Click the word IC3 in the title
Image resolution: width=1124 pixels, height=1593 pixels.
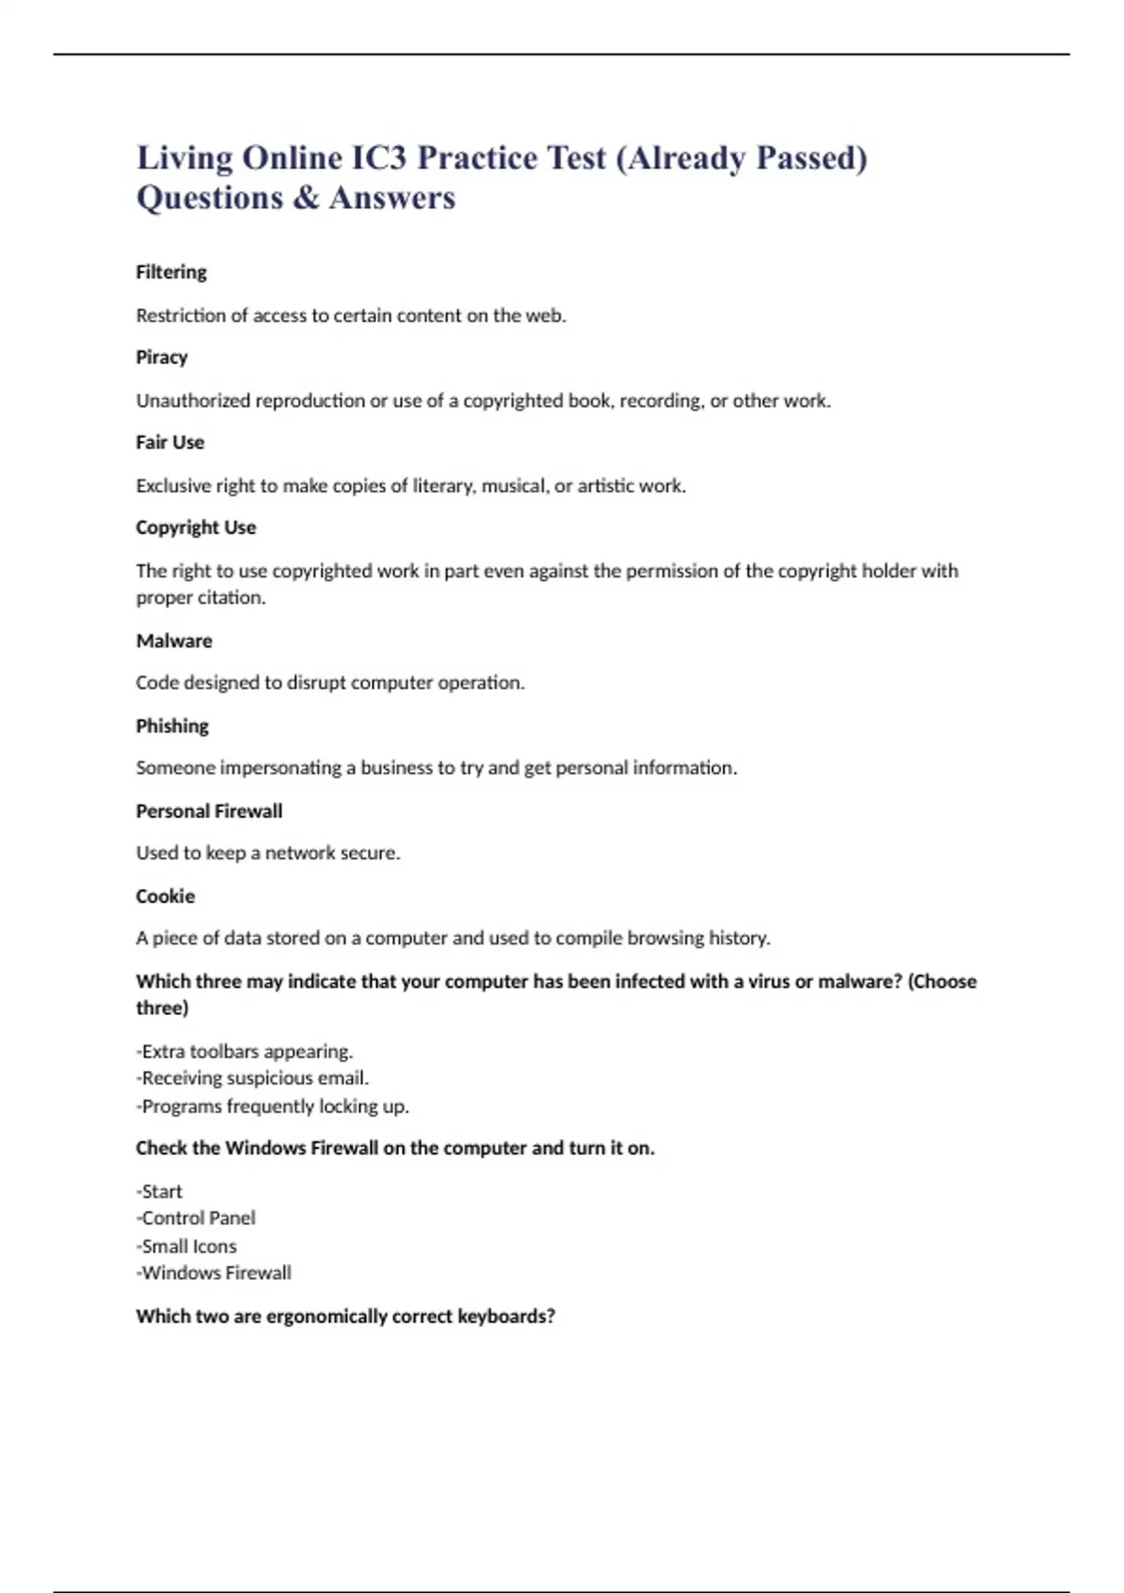[378, 158]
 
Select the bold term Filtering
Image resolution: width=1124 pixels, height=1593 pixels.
[171, 272]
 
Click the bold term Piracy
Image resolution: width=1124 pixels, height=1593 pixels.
[162, 357]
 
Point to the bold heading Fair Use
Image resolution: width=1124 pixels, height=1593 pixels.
[170, 442]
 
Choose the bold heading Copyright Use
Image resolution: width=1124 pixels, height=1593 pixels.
[196, 528]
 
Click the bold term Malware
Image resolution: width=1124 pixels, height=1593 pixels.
[174, 641]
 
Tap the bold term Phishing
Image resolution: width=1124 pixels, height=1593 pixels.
[172, 726]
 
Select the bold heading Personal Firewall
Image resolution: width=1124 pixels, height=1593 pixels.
[209, 811]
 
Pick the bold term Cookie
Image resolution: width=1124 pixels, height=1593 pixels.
[166, 897]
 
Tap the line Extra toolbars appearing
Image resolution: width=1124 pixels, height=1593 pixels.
[245, 1051]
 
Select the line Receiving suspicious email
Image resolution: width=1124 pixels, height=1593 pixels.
[253, 1079]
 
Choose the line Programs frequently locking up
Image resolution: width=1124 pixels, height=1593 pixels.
[273, 1107]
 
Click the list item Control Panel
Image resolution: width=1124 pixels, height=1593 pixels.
[197, 1218]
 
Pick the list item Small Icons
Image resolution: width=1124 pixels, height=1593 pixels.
[187, 1246]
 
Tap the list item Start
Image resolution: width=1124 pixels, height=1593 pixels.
[160, 1192]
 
